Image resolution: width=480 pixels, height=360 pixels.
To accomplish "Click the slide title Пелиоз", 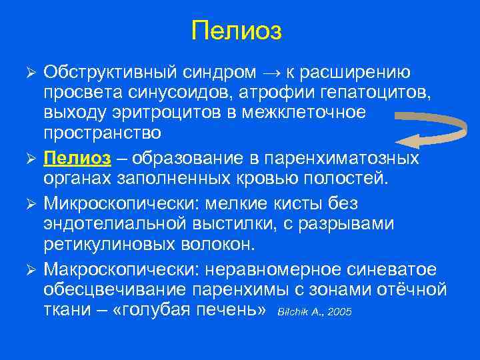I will tap(236, 31).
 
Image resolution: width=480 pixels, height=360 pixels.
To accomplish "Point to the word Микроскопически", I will tap(117, 201).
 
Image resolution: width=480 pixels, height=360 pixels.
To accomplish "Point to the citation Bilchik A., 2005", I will tap(314, 312).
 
